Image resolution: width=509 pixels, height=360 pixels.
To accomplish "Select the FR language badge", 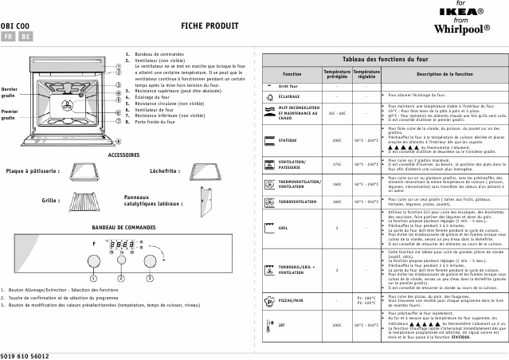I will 8,37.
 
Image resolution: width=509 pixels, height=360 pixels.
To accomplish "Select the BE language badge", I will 25,37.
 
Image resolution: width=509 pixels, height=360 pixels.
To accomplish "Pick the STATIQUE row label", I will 288,140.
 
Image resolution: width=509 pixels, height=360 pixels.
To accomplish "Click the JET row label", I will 282,325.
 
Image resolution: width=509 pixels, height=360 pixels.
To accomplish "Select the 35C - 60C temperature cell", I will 336,113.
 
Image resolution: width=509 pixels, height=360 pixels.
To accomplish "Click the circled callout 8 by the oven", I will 118,141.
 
